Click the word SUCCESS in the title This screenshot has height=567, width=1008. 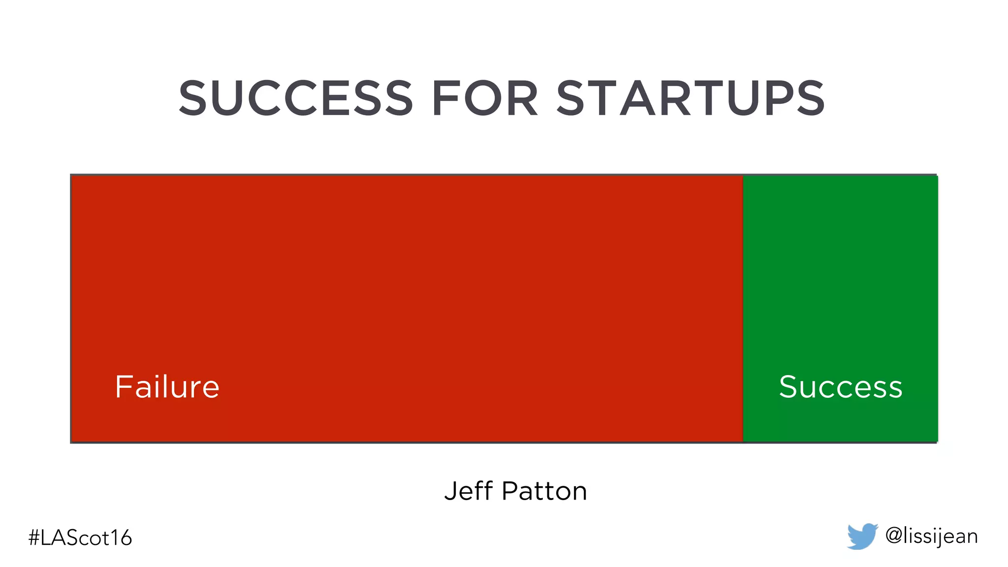[296, 98]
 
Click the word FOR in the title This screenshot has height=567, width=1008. [485, 98]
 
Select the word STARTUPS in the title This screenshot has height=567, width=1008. [691, 98]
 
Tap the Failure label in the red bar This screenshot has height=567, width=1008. [167, 387]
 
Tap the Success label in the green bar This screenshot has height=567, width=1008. [841, 387]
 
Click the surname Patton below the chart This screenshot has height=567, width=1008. [544, 491]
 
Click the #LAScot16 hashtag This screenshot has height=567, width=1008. [80, 537]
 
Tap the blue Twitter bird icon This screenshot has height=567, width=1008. [862, 536]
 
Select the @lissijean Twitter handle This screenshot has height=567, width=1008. [931, 536]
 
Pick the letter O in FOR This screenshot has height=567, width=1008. [484, 98]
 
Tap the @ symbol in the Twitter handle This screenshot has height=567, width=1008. [893, 535]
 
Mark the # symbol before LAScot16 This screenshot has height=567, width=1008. [34, 537]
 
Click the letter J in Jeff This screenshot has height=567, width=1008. [451, 491]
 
